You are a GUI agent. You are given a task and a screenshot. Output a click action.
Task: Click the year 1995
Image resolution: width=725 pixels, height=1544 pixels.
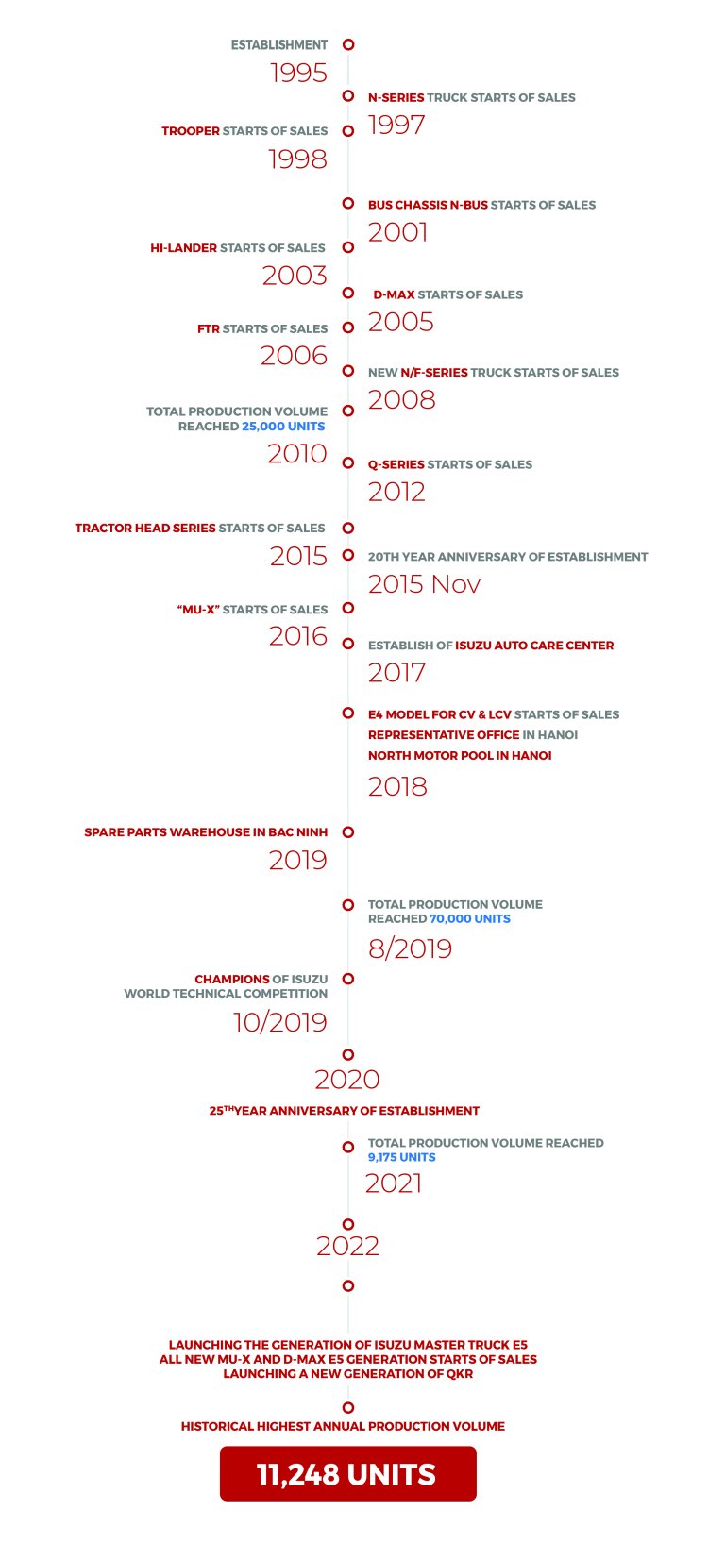[298, 73]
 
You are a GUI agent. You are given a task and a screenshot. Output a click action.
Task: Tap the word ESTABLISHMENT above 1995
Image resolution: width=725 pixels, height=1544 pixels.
[279, 44]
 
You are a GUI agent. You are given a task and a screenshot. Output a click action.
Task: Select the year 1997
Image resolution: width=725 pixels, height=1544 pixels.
[396, 125]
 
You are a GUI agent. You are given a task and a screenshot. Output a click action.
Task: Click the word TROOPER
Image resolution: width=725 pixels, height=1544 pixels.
[191, 131]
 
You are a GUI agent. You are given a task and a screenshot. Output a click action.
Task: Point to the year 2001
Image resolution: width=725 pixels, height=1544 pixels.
[397, 231]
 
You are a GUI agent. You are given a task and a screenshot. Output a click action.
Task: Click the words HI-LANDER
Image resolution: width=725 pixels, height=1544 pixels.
[184, 248]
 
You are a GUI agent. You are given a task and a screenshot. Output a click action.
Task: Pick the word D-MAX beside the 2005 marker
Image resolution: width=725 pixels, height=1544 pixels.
[394, 294]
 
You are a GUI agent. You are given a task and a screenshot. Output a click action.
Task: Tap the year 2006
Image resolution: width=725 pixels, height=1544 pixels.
[294, 355]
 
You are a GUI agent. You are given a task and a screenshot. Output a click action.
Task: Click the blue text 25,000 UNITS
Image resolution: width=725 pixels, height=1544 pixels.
[283, 427]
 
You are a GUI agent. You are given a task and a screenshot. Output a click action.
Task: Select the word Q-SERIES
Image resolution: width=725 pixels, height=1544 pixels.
[396, 464]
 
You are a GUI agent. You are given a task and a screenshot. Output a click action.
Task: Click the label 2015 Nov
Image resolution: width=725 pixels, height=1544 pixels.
[424, 584]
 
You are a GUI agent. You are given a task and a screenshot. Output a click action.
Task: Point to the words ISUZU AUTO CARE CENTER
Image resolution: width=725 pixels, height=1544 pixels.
[534, 646]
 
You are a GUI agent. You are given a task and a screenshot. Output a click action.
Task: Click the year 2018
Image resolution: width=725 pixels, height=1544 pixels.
[397, 786]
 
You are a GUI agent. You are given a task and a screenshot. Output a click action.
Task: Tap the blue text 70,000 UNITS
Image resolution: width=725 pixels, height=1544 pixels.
[469, 918]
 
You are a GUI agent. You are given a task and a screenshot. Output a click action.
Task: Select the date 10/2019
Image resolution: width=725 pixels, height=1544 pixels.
[279, 1022]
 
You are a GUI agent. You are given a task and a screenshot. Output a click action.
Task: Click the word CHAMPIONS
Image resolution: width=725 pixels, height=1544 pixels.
[232, 980]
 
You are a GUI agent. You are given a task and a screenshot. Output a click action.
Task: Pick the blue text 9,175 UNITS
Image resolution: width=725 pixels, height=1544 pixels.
[401, 1157]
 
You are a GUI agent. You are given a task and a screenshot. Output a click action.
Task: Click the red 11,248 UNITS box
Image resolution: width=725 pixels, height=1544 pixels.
[347, 1474]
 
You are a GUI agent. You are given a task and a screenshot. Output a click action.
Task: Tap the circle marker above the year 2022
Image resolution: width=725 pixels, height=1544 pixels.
[348, 1224]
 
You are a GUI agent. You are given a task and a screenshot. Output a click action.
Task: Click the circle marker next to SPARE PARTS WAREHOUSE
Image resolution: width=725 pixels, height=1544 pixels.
[348, 832]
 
